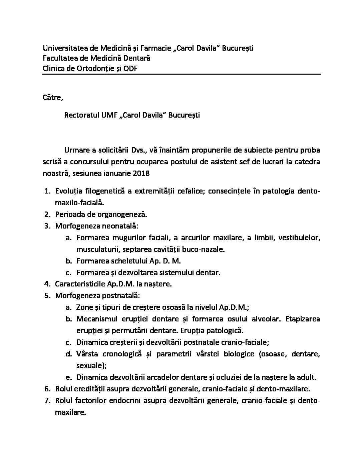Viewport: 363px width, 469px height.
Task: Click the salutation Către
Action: (x=52, y=98)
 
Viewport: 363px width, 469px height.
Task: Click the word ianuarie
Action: (x=119, y=173)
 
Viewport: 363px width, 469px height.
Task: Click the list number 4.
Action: (x=47, y=284)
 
